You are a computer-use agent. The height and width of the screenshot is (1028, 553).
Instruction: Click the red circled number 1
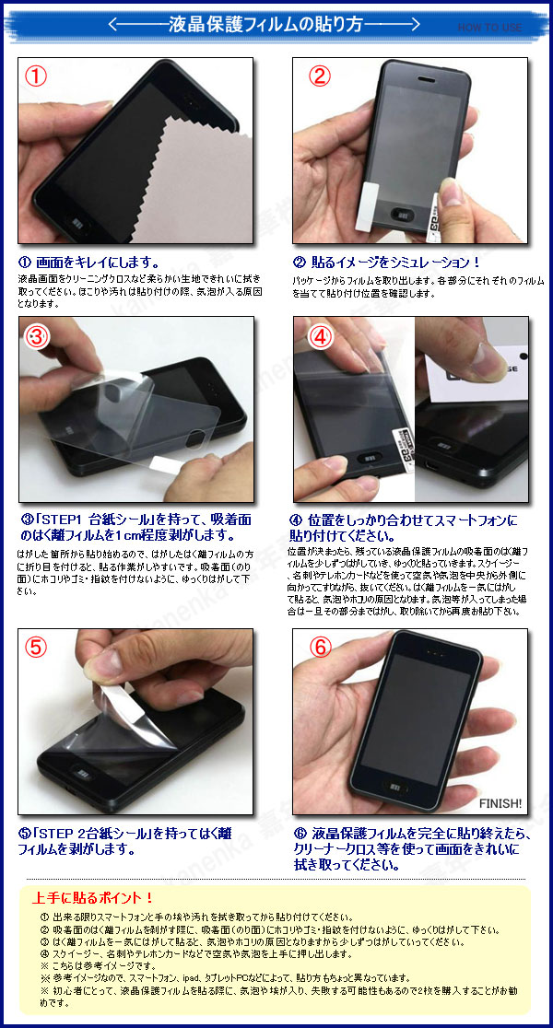pyautogui.click(x=36, y=76)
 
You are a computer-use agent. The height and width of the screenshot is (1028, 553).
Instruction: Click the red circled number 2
pyautogui.click(x=319, y=76)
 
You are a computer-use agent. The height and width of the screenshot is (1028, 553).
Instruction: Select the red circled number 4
pyautogui.click(x=319, y=337)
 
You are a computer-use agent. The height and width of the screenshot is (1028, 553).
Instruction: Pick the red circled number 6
pyautogui.click(x=319, y=647)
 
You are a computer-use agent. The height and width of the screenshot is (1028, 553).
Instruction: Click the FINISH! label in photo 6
pyautogui.click(x=501, y=803)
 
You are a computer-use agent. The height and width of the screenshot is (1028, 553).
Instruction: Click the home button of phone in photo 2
pyautogui.click(x=404, y=216)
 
